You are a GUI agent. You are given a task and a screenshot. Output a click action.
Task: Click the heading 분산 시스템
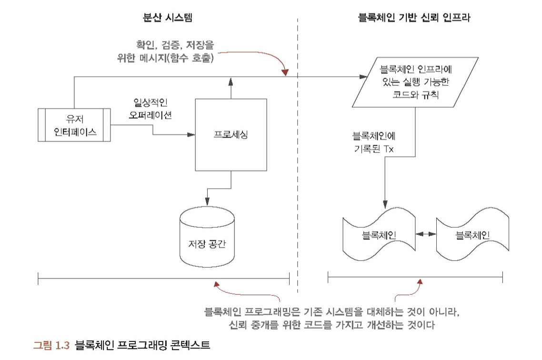coord(170,18)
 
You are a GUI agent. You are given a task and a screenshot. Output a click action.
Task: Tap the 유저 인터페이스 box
coord(75,124)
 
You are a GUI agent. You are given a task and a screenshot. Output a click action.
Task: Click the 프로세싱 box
coord(231,134)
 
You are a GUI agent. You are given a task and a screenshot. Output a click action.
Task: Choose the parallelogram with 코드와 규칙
coord(411,82)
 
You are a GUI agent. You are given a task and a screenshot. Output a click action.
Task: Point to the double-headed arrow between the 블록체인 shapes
coord(425,234)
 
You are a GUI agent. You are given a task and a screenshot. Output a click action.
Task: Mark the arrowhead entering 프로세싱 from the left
coord(192,135)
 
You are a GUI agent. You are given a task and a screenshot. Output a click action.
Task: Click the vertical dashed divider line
coord(298,157)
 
